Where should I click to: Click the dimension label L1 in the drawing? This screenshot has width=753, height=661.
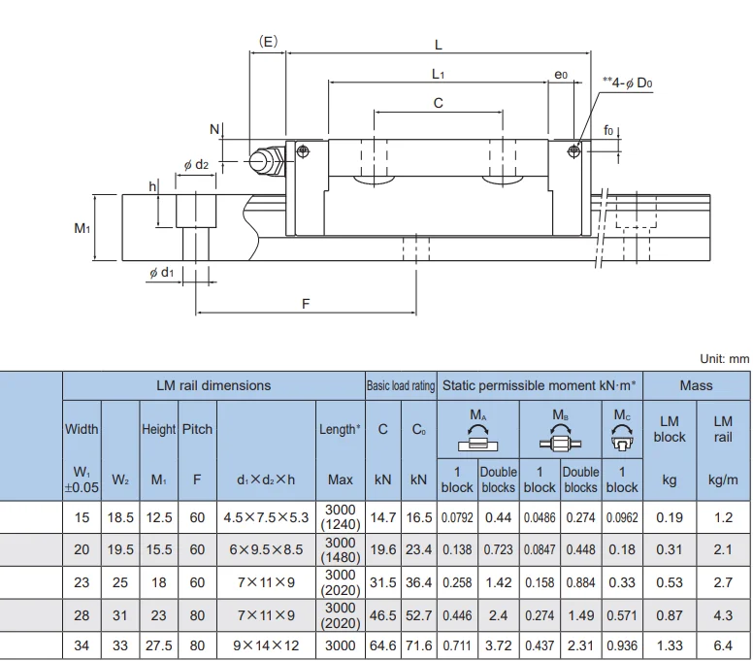pos(438,74)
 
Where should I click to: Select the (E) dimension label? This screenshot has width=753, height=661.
pos(269,42)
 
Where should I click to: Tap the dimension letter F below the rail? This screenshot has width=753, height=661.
pos(306,304)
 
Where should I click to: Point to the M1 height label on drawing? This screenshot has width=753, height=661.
pos(82,228)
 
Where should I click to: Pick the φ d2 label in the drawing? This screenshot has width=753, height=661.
pos(196,165)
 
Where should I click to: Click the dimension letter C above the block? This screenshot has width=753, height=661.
pos(438,103)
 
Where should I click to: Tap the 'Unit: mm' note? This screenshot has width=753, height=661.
pos(724,358)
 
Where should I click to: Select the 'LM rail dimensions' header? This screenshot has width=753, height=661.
pos(213,385)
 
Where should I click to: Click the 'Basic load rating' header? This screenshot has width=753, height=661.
pos(401,385)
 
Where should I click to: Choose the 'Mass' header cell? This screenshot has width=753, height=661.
pos(696,385)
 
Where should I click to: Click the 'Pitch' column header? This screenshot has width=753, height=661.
pos(197,429)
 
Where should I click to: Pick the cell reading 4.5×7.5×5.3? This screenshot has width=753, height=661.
pos(266,518)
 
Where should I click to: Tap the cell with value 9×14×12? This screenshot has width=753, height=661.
pos(266,644)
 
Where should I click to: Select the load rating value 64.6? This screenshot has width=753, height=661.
pos(383,644)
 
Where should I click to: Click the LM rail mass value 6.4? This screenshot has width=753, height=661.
pos(723,644)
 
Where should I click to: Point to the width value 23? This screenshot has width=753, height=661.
pos(82,581)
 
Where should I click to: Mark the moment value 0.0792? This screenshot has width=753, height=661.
pos(457,518)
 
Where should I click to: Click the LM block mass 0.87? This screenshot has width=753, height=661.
pos(669,613)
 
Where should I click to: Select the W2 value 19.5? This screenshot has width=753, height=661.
pos(120,549)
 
